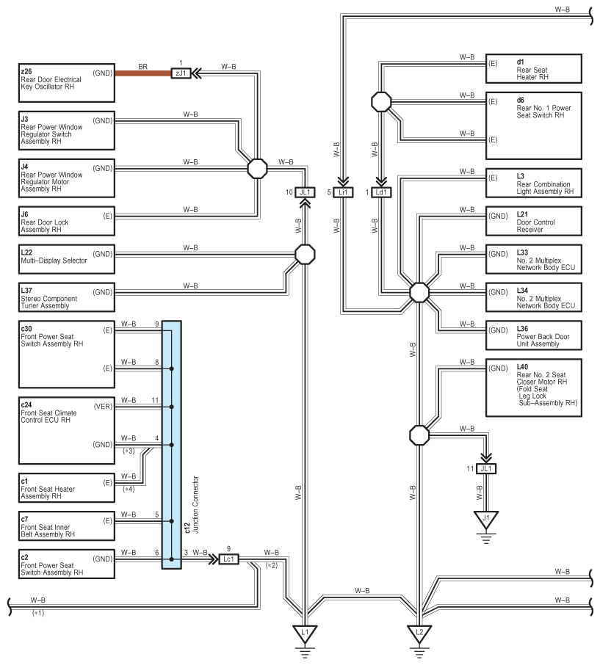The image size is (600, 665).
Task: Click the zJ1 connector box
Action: pos(181,73)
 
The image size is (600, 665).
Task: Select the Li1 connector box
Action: pos(343,192)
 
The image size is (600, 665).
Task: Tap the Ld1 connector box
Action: pos(381,192)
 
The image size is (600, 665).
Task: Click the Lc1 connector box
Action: pos(228,559)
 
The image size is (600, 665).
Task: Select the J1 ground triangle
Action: pos(486,519)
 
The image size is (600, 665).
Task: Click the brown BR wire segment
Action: pos(142,73)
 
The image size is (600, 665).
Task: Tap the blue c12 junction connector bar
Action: pos(171,445)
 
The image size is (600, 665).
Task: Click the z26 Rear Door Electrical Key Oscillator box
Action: pos(67,83)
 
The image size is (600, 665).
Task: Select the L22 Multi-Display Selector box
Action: pos(67,259)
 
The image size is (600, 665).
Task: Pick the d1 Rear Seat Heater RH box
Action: pos(533,69)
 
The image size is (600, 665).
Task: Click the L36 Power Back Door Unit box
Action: pos(533,335)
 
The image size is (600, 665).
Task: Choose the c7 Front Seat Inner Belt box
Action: pos(67,526)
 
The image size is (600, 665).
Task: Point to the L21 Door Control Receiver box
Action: pos(533,221)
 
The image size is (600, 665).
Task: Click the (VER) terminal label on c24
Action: pos(103,407)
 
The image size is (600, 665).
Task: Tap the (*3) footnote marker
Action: pos(129,451)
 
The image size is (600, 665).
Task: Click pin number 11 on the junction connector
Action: pos(155,400)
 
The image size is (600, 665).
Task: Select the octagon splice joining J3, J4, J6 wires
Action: pos(257,169)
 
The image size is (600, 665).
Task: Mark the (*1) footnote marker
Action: pos(38,614)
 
